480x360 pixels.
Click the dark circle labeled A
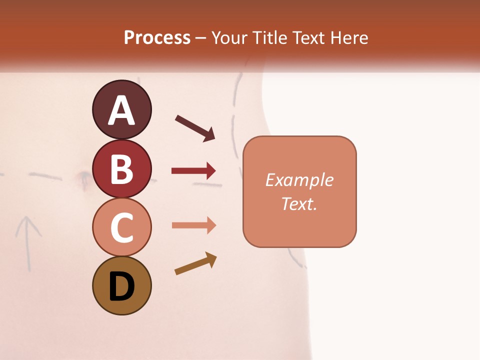pos(121,109)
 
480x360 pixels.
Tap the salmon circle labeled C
pos(121,227)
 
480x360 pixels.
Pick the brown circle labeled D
pos(121,285)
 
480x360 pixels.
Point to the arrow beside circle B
pos(193,171)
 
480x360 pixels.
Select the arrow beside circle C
pos(193,225)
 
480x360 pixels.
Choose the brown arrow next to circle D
pos(195,263)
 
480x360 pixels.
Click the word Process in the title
pos(157,38)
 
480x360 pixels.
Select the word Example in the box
pos(299,180)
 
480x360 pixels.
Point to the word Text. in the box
pos(299,203)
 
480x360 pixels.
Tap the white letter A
pos(121,110)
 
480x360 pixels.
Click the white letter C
pos(121,228)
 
